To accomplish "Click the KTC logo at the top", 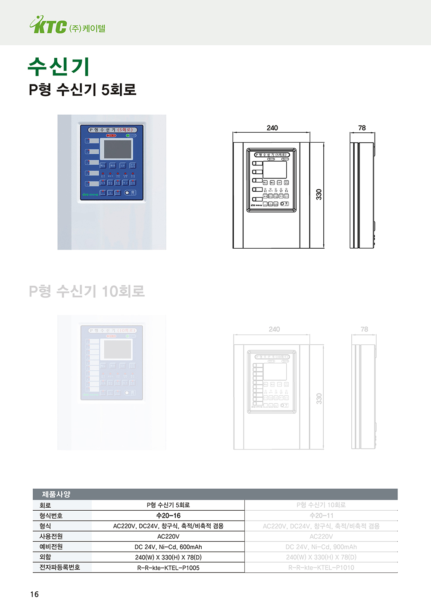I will (49, 25).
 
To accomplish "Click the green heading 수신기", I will (59, 67).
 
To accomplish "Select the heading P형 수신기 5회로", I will (82, 90).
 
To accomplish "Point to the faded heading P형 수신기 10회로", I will (87, 291).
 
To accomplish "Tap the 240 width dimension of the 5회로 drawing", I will (272, 128).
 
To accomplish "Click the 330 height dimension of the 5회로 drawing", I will (319, 194).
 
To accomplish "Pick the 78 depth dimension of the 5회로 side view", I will (362, 128).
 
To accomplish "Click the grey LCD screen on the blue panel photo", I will (118, 149).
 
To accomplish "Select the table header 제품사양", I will (56, 494).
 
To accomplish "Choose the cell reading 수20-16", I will (168, 515).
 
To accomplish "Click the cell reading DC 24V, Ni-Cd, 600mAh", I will (168, 547).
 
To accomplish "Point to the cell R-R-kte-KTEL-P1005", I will (168, 568).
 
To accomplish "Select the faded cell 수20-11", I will (321, 515).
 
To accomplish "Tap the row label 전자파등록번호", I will (59, 567).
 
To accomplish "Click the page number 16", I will (34, 594).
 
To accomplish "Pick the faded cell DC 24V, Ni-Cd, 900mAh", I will (321, 547).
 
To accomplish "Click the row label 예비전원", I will (51, 547).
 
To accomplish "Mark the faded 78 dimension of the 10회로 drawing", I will (364, 329).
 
